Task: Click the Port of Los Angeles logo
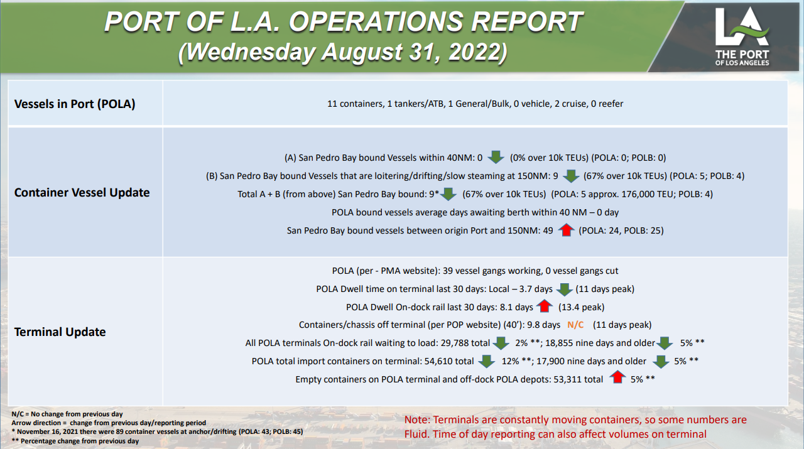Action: (x=742, y=36)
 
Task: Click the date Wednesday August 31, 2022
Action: (x=342, y=52)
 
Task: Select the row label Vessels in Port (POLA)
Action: (x=75, y=104)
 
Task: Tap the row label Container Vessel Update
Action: (x=82, y=193)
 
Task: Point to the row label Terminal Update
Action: (x=60, y=332)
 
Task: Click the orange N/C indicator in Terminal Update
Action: (x=575, y=325)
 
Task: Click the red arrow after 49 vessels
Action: (x=566, y=230)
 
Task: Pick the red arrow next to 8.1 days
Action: (x=544, y=306)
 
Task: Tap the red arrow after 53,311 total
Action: (x=617, y=377)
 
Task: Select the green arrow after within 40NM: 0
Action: (x=496, y=157)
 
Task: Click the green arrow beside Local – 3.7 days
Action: (x=564, y=289)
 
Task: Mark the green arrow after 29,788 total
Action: (x=501, y=343)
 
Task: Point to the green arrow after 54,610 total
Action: (x=486, y=362)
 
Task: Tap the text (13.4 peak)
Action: (x=581, y=307)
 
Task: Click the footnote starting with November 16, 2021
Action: (x=157, y=432)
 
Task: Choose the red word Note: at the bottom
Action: (x=417, y=420)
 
